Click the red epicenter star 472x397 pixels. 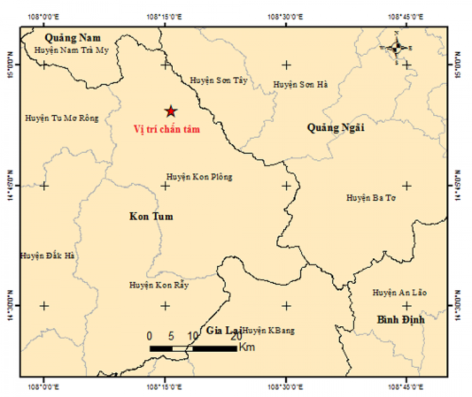coord(171,111)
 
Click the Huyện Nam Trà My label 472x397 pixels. coord(71,50)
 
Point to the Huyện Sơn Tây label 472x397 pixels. coord(219,81)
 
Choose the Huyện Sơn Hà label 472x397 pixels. coord(300,84)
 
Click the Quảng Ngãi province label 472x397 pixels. coord(336,128)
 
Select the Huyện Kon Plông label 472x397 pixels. coord(199,177)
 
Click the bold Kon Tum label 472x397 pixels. coord(151,217)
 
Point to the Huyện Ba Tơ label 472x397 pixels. coord(370,198)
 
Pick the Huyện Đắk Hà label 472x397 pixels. coord(48,255)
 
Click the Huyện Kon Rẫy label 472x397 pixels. coord(159,285)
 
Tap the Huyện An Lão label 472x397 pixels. coord(400,292)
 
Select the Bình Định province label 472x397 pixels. coord(401,319)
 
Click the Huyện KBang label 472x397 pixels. coord(269,330)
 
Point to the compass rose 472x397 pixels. coord(396,48)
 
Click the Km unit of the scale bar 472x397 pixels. coord(247,346)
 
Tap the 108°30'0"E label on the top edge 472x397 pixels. coord(286,16)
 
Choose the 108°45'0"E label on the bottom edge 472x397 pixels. coord(407,387)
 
